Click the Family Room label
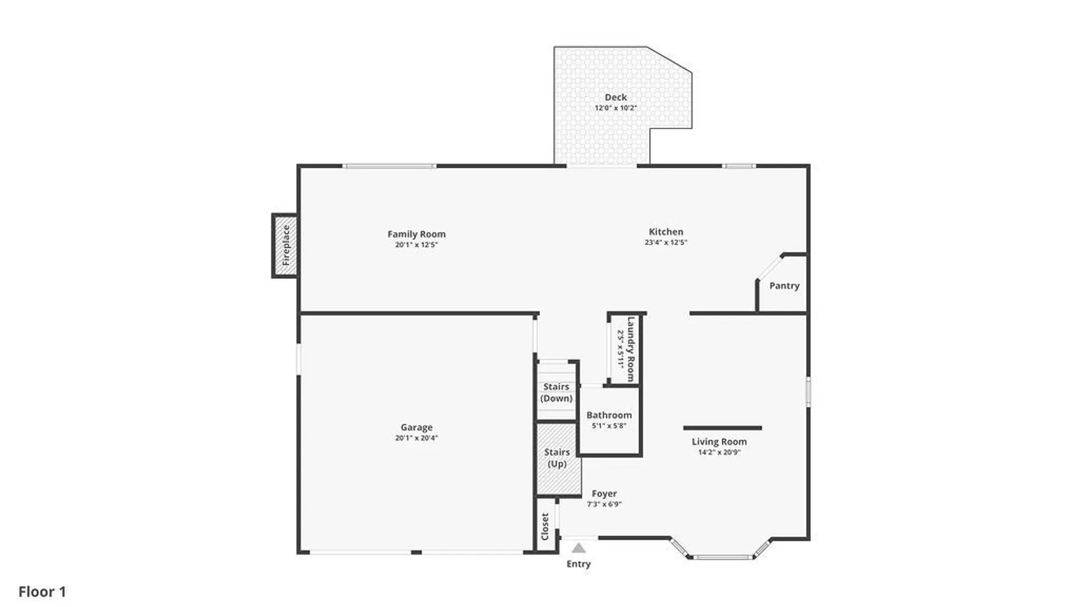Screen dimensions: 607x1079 (x=416, y=234)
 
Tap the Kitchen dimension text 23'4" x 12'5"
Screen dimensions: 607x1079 (x=666, y=242)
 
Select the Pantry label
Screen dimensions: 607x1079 (x=784, y=286)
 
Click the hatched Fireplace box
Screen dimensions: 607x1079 (x=285, y=246)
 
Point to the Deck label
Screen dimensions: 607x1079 (x=615, y=97)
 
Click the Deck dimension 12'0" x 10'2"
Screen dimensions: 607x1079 (x=615, y=108)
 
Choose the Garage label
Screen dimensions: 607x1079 (x=416, y=427)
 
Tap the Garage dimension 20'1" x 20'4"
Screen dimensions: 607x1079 (x=416, y=438)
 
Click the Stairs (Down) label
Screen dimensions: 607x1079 (x=556, y=392)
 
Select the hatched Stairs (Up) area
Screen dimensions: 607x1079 (x=557, y=459)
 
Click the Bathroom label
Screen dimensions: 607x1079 (x=609, y=415)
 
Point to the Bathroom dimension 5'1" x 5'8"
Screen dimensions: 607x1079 (x=609, y=425)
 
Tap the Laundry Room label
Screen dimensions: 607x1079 (x=631, y=349)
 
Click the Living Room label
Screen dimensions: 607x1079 (x=719, y=442)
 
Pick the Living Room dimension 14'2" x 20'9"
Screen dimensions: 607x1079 (x=719, y=452)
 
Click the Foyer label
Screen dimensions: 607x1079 (x=604, y=493)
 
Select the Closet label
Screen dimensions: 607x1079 (x=545, y=526)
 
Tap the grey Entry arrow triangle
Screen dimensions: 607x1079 (x=578, y=548)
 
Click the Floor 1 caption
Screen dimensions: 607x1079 (x=42, y=591)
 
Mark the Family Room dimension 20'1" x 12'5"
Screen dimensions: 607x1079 (x=416, y=244)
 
